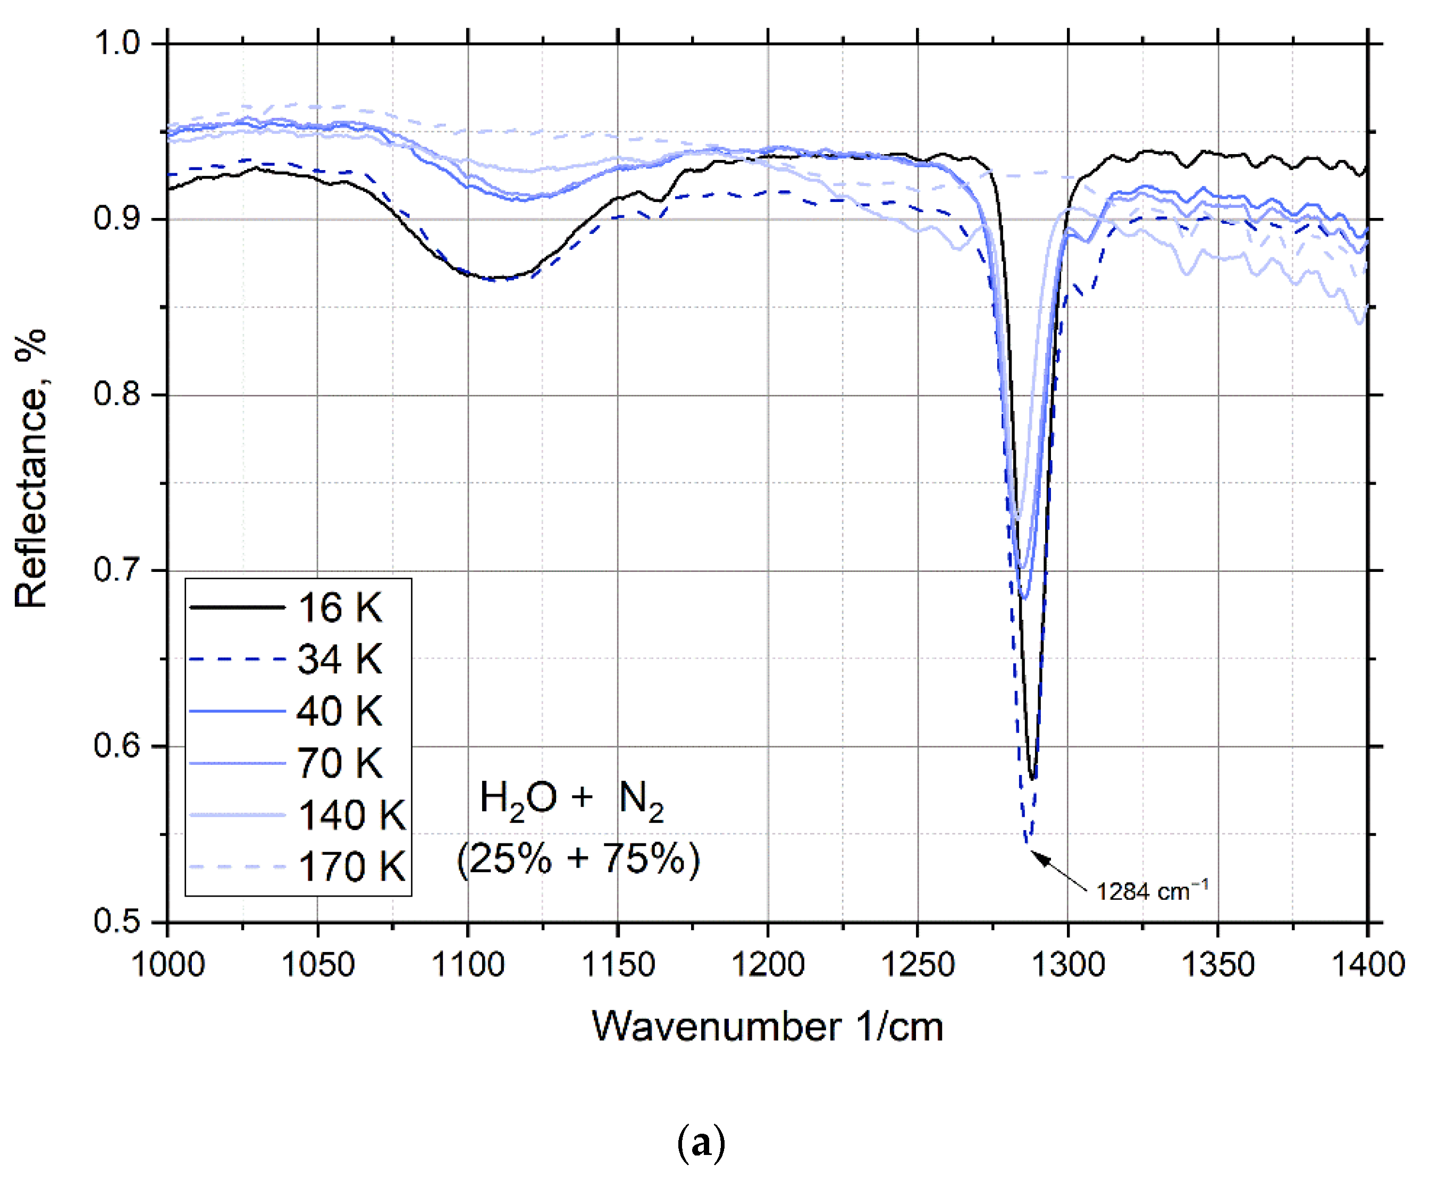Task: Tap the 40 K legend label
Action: point(340,711)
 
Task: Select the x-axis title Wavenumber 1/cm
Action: point(768,1027)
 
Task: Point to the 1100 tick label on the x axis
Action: point(468,965)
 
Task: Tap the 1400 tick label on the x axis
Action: point(1367,965)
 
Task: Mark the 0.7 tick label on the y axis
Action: point(117,569)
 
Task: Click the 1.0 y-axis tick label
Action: point(117,43)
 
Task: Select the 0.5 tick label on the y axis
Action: point(117,921)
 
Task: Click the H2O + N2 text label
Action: point(572,798)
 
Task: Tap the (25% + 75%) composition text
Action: point(579,858)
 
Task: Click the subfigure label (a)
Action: point(701,1143)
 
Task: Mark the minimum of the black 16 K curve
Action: point(1033,778)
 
